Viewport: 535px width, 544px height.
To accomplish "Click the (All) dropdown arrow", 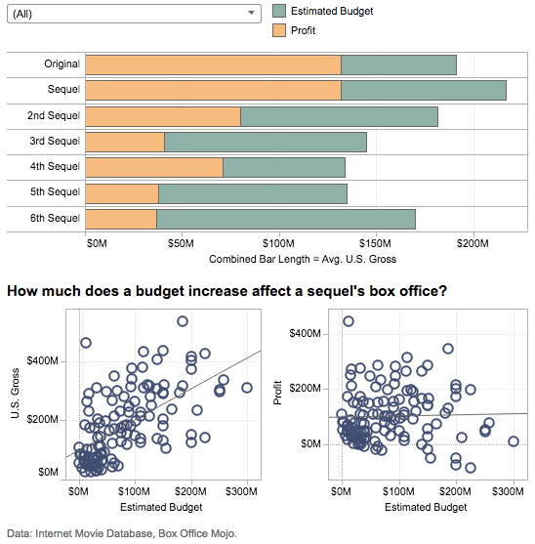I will click(x=252, y=13).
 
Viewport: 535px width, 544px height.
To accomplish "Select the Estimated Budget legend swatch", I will click(x=279, y=11).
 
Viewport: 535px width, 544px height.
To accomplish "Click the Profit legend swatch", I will click(x=279, y=30).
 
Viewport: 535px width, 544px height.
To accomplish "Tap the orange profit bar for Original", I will click(x=213, y=65).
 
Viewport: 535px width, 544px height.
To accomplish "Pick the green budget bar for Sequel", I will click(x=423, y=91).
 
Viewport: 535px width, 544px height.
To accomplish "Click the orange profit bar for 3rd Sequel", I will click(x=125, y=142).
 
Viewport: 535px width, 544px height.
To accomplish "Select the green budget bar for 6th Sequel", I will click(x=285, y=218).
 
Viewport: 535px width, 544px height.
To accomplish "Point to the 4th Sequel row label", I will click(x=55, y=167).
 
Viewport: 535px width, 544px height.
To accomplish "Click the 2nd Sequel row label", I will click(x=54, y=116).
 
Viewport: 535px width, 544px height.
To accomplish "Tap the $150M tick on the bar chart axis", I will click(x=375, y=243).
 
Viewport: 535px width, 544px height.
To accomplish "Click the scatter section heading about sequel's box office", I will click(x=226, y=291).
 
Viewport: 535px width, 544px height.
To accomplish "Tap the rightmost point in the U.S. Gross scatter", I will click(x=247, y=388).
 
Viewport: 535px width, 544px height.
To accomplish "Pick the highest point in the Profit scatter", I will click(x=349, y=321).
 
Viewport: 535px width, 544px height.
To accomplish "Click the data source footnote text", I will click(x=122, y=533).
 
